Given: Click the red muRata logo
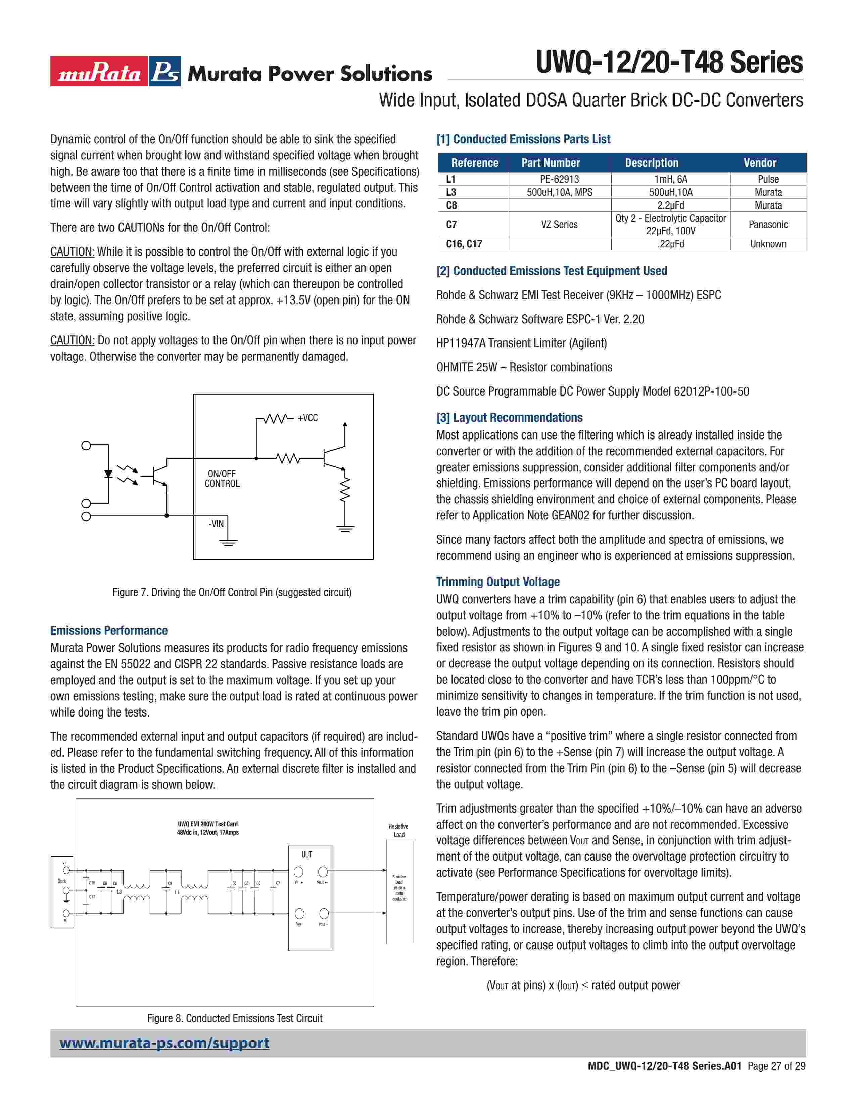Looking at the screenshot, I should (98, 72).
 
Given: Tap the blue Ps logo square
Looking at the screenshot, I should (165, 72).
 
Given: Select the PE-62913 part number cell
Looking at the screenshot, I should (559, 179).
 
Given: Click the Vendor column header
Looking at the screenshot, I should (760, 163).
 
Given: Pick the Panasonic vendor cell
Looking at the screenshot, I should (768, 224).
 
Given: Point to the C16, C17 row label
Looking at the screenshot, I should (464, 244).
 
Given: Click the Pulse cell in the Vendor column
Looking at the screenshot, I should (768, 179).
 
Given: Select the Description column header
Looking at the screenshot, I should (651, 163).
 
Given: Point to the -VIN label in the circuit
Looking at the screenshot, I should (217, 523).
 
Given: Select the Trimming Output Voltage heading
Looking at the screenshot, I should (497, 582).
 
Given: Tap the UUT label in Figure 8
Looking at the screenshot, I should (307, 855).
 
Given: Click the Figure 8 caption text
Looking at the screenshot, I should (234, 1018).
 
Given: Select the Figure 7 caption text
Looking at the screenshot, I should (232, 592).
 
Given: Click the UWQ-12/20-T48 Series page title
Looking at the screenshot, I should (669, 63).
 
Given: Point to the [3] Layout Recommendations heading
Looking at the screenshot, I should (509, 418).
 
